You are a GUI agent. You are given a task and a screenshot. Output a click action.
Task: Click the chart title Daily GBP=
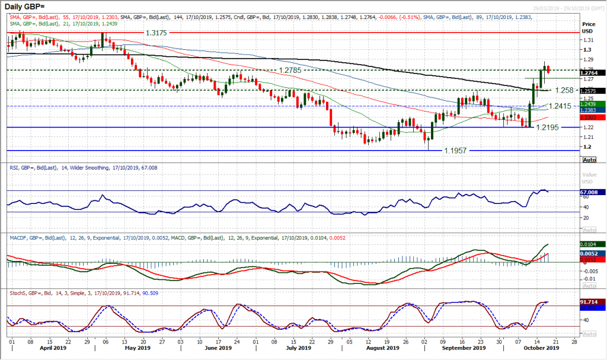pyautogui.click(x=27, y=7)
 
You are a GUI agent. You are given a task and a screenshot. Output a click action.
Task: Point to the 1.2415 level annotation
pyautogui.click(x=561, y=106)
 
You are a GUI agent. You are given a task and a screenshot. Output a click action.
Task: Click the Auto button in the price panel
pyautogui.click(x=590, y=160)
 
